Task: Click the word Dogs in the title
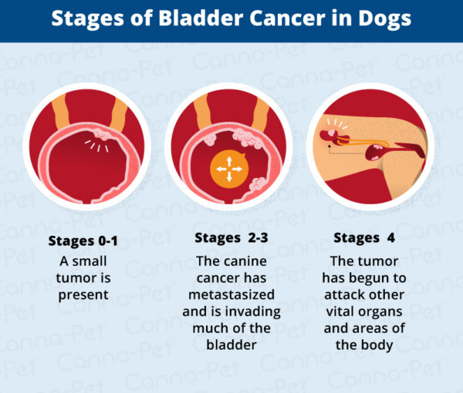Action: pos(383,18)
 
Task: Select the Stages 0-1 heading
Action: pos(79,240)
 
